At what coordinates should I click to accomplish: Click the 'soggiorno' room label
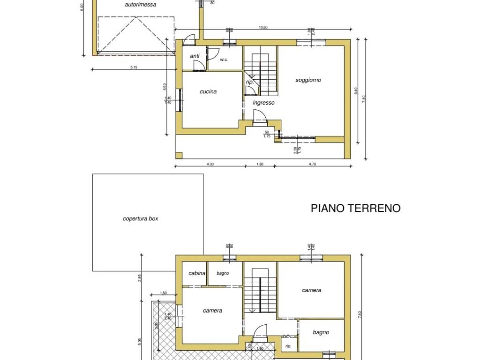(308, 80)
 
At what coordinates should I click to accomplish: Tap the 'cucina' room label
(208, 92)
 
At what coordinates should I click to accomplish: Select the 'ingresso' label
(263, 103)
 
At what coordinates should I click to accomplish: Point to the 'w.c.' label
(224, 60)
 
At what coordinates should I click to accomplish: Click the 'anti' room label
(195, 56)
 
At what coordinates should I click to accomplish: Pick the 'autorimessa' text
(141, 5)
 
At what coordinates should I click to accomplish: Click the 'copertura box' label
(141, 219)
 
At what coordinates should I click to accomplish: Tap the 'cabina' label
(197, 273)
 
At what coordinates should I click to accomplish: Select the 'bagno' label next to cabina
(223, 273)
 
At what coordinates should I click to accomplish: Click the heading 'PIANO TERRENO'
(356, 208)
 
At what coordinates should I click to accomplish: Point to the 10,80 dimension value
(262, 28)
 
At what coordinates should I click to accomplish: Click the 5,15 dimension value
(134, 67)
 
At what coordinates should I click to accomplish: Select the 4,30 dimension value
(210, 164)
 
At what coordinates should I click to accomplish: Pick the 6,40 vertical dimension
(356, 92)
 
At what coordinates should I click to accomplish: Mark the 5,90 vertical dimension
(165, 87)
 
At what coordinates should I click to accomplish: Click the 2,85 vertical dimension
(139, 278)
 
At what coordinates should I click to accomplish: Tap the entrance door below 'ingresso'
(260, 117)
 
